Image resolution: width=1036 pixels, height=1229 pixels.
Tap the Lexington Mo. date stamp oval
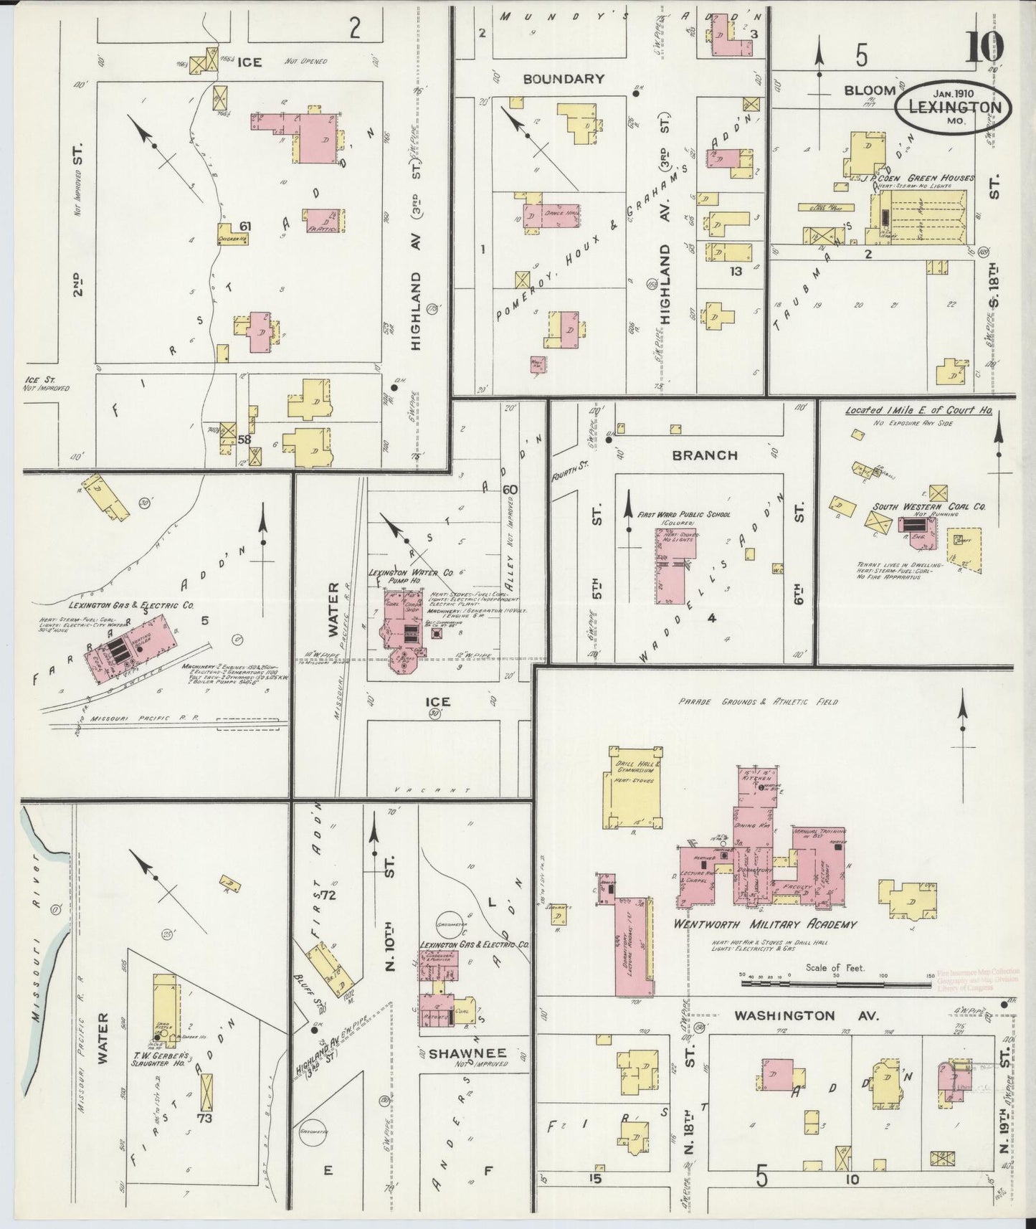tap(954, 108)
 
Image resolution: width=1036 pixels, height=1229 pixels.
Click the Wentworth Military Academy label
tap(765, 924)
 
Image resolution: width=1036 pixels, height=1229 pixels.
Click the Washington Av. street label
tap(785, 1016)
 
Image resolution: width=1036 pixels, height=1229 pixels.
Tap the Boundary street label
tap(563, 79)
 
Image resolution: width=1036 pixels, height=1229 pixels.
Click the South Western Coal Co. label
tap(928, 506)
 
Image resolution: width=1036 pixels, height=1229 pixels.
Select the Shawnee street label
tap(467, 1053)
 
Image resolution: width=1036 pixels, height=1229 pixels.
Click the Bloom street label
tap(869, 90)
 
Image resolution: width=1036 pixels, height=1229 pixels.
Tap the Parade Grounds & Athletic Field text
tap(759, 702)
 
